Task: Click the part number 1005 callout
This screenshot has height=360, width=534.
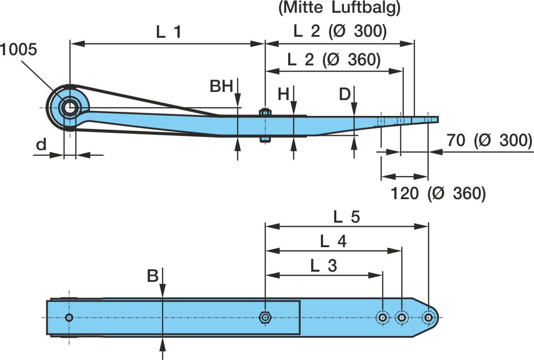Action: (18, 50)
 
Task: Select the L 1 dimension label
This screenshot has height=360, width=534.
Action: (169, 32)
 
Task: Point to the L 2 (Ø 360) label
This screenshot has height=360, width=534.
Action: (334, 60)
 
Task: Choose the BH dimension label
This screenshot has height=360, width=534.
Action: (222, 86)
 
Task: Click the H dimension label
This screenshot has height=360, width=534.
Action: (284, 94)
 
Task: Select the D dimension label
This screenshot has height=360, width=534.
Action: (345, 94)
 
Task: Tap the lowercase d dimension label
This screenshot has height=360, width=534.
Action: (41, 145)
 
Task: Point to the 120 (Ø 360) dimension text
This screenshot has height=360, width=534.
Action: (438, 193)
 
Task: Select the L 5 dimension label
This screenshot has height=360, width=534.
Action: (346, 217)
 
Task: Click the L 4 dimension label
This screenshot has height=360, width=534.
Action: (333, 241)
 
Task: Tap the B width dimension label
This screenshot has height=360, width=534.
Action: (152, 276)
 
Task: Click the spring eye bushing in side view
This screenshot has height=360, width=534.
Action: (68, 107)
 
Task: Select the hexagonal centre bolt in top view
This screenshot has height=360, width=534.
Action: (265, 317)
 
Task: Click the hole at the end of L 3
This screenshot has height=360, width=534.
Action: (382, 318)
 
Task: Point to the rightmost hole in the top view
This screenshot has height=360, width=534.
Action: (428, 318)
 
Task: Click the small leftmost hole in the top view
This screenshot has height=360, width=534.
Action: (69, 318)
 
